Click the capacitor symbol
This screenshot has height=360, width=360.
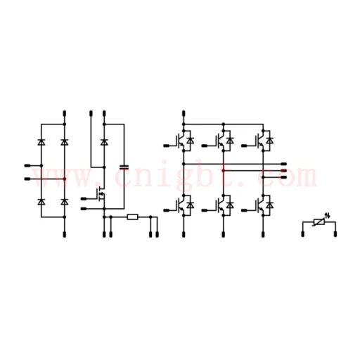tap(124, 167)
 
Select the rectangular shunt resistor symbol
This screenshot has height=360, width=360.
tap(132, 217)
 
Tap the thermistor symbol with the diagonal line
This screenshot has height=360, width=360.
tap(319, 221)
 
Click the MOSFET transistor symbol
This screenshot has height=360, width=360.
tap(101, 194)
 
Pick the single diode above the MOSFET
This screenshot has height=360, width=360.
tap(104, 142)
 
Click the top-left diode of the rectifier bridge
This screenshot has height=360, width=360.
tap(41, 142)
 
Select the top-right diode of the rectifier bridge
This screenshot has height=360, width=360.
tap(65, 142)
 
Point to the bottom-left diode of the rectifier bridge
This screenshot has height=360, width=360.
tap(41, 202)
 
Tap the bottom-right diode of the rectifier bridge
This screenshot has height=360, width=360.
tap(65, 202)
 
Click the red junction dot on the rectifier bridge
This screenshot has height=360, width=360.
tap(65, 179)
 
